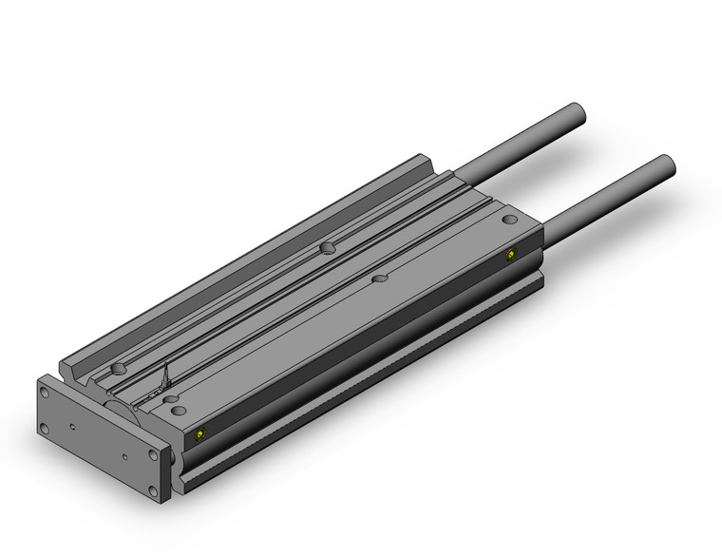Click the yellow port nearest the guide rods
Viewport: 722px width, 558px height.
click(x=511, y=254)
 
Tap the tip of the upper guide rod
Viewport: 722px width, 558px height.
click(x=577, y=109)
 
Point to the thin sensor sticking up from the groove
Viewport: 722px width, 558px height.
click(x=167, y=374)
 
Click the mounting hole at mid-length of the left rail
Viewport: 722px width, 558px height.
click(x=328, y=248)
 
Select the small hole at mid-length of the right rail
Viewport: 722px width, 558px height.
click(x=380, y=279)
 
